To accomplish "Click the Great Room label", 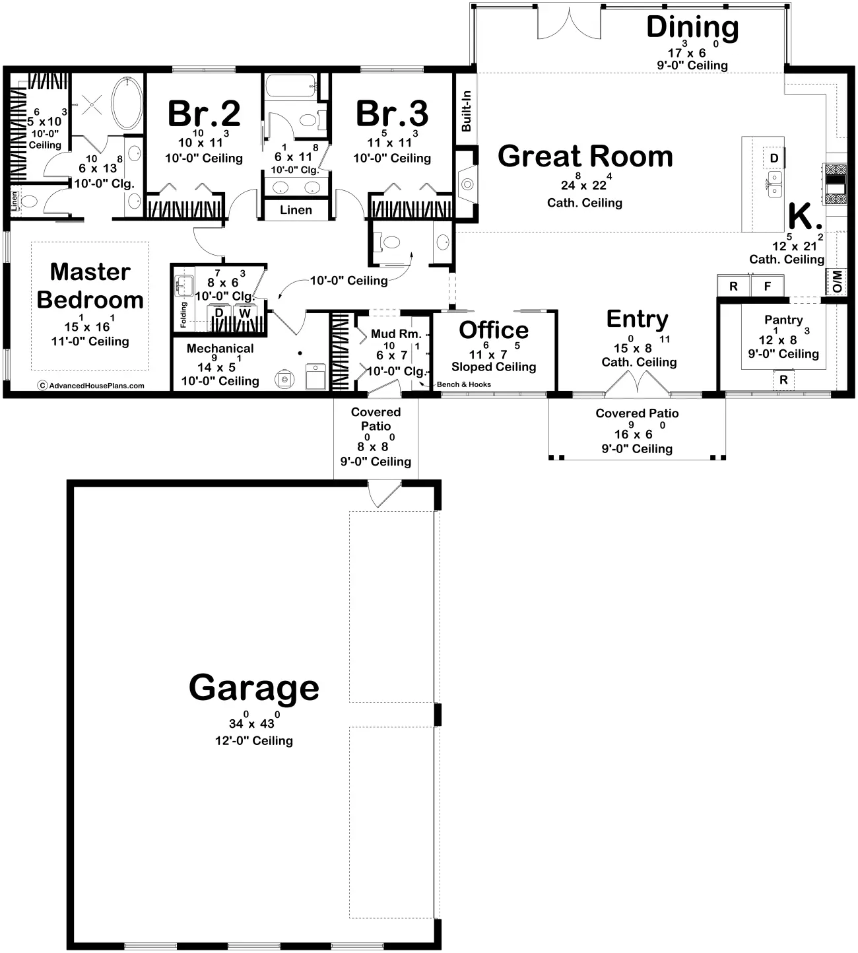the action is pyautogui.click(x=585, y=157).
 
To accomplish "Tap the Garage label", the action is pyautogui.click(x=254, y=688).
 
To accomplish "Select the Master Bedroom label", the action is pyautogui.click(x=90, y=286).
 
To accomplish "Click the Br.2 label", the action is pyautogui.click(x=204, y=114).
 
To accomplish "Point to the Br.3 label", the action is pyautogui.click(x=392, y=114).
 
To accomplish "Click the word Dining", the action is pyautogui.click(x=692, y=27).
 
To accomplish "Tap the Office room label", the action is pyautogui.click(x=494, y=330).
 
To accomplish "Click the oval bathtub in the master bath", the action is pyautogui.click(x=127, y=103).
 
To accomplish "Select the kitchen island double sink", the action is pyautogui.click(x=774, y=184).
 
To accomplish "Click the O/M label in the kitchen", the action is pyautogui.click(x=837, y=281).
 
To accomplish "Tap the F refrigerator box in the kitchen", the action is pyautogui.click(x=768, y=287).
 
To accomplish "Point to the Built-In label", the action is pyautogui.click(x=466, y=111).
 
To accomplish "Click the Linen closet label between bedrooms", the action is pyautogui.click(x=296, y=210).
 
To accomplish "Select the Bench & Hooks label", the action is pyautogui.click(x=464, y=384).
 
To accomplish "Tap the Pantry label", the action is pyautogui.click(x=783, y=320).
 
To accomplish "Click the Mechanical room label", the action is pyautogui.click(x=220, y=348).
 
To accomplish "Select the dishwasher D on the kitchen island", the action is pyautogui.click(x=774, y=159).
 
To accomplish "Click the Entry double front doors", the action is pyautogui.click(x=638, y=384).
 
